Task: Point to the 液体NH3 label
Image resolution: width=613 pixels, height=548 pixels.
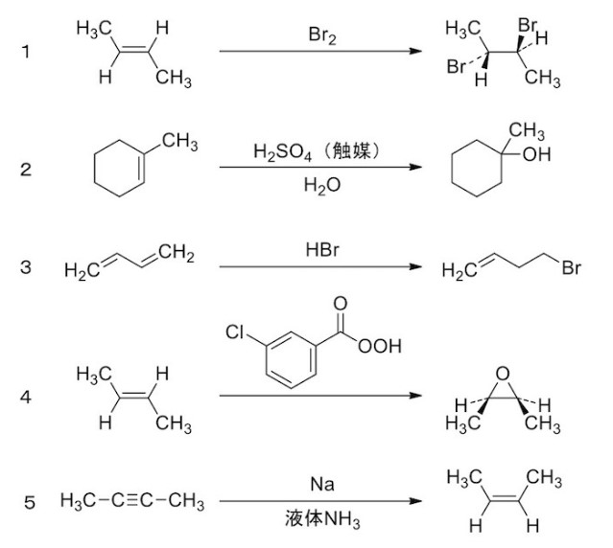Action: [x=319, y=522]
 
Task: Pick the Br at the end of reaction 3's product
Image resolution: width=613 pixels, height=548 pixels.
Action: [x=572, y=269]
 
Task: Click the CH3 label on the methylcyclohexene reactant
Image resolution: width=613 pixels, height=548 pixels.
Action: [x=179, y=143]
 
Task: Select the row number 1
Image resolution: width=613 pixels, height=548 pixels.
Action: [x=26, y=52]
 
